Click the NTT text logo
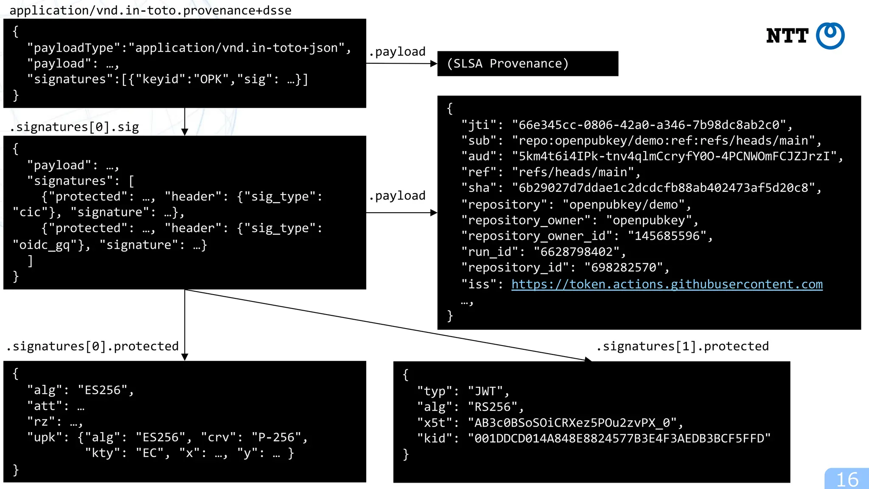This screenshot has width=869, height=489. coord(787,36)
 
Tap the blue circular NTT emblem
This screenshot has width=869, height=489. coord(830,36)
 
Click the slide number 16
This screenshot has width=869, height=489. coord(847,480)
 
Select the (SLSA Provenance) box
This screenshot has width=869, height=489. coord(527,64)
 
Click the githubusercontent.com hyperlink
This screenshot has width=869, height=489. coord(667,284)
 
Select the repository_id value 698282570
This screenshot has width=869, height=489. coord(623,267)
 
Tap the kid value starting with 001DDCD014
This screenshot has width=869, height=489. coord(619,438)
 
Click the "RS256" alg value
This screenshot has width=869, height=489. coord(492,407)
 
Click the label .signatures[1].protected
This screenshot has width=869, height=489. coord(682,346)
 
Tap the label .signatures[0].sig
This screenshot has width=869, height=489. coord(75,127)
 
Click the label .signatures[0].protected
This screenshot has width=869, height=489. coord(93,346)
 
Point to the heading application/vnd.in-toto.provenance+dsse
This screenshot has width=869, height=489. coord(150,10)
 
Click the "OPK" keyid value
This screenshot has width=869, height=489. coord(211,79)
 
